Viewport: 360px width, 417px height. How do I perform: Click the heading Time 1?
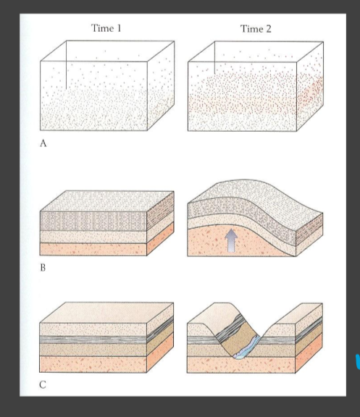(x=106, y=28)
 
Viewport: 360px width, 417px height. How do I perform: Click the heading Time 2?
(x=256, y=28)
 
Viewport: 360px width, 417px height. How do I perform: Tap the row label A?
(x=43, y=143)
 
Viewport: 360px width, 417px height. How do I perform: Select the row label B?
(x=43, y=268)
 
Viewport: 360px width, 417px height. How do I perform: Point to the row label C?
(x=43, y=384)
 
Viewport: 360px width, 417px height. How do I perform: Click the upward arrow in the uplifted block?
(x=232, y=240)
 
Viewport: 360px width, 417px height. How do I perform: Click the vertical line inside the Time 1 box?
(x=66, y=65)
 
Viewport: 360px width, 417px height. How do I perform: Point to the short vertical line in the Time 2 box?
(x=214, y=58)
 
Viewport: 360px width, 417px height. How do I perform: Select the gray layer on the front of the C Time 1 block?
(x=93, y=340)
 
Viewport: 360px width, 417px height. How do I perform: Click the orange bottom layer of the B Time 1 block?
(x=93, y=250)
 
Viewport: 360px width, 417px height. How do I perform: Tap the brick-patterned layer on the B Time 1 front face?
(x=93, y=222)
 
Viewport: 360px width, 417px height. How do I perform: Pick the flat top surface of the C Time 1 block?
(x=106, y=313)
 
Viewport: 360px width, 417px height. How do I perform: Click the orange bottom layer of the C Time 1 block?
(x=93, y=364)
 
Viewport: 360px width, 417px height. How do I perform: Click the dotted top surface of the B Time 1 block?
(x=107, y=201)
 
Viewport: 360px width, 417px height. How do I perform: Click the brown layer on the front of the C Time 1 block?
(x=93, y=350)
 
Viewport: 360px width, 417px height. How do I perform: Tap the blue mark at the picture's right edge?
(x=358, y=361)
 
